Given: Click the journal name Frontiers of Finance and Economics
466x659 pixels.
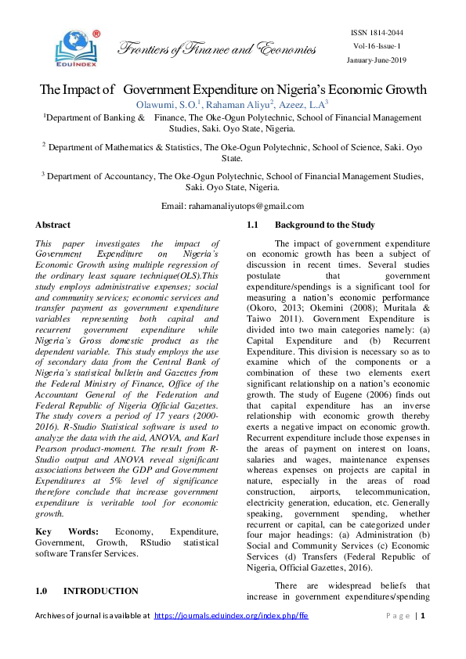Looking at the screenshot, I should pos(216,50).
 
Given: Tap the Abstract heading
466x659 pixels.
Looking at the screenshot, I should pos(52,225).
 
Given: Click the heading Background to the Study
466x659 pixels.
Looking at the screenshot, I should pos(324,225).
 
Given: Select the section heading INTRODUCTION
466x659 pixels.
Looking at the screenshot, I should pos(101,591).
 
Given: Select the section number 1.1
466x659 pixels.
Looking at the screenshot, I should pos(253,225).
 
